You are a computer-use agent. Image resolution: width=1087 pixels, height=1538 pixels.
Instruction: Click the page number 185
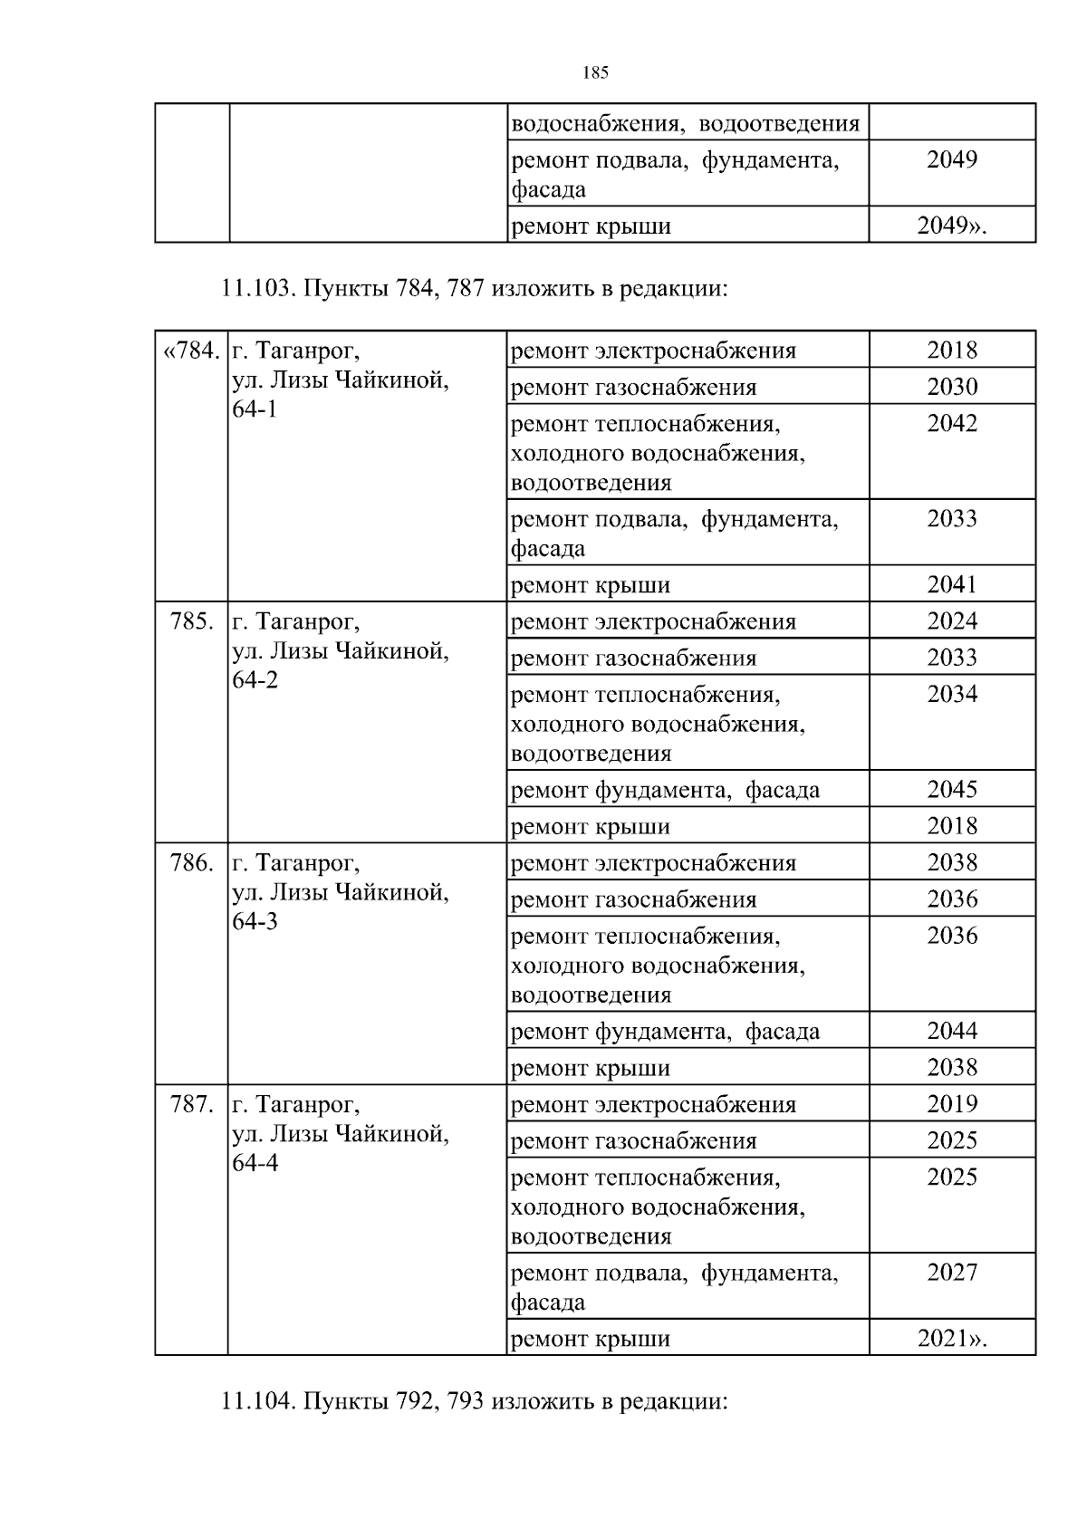pos(595,73)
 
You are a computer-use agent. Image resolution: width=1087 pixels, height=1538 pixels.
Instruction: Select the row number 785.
pos(192,622)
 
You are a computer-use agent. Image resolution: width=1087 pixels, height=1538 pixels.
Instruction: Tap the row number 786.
pos(192,863)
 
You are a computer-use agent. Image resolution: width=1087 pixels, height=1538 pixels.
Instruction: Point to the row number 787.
pos(192,1105)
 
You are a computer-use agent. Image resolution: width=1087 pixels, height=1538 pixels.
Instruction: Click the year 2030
pos(952,387)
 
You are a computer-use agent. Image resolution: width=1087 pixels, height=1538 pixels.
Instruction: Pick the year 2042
pos(952,424)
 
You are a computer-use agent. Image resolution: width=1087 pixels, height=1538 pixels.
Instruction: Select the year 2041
pos(952,585)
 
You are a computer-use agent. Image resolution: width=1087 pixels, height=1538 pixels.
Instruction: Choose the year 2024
pos(952,621)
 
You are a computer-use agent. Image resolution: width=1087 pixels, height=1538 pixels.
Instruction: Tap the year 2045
pos(952,790)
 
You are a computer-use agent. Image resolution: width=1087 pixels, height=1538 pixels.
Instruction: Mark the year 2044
pos(952,1031)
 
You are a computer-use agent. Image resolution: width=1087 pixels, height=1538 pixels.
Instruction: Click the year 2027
pos(952,1273)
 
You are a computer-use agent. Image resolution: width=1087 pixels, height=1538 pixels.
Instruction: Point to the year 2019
pos(952,1104)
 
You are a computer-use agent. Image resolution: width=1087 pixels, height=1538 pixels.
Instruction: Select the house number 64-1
pos(255,409)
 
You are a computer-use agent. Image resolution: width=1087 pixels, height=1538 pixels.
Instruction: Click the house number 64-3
pos(255,922)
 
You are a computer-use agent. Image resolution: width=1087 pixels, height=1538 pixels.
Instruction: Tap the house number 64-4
pos(255,1163)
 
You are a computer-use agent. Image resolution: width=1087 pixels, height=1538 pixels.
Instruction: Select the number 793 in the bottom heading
pos(468,1402)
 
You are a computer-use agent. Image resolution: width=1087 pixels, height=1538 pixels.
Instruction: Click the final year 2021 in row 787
pos(943,1339)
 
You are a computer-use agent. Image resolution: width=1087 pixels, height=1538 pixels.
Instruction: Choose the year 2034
pos(952,695)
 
